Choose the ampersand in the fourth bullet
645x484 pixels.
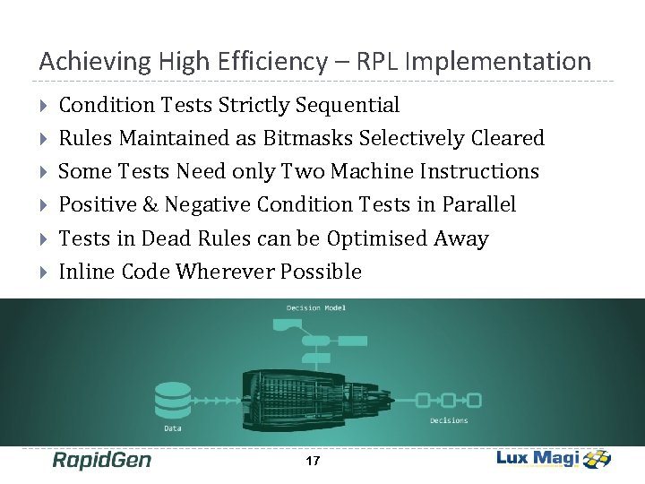[150, 204]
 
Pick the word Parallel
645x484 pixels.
[479, 204]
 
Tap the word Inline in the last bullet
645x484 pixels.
[82, 272]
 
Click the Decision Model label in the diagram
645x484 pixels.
[315, 308]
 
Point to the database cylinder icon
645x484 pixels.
[173, 400]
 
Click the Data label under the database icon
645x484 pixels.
[172, 428]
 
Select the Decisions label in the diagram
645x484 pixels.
[449, 420]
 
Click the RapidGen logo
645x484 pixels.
[101, 461]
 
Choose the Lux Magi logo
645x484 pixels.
[554, 459]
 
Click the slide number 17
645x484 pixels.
[313, 462]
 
